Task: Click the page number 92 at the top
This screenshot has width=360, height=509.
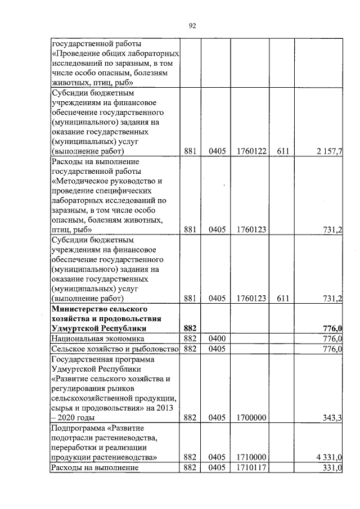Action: pos(192,25)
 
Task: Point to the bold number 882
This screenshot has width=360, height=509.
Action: pos(190,328)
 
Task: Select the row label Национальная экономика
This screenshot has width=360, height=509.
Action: pos(97,339)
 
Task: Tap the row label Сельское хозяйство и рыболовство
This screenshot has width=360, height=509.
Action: pos(115,349)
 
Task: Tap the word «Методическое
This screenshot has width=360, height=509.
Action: pos(78,181)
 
